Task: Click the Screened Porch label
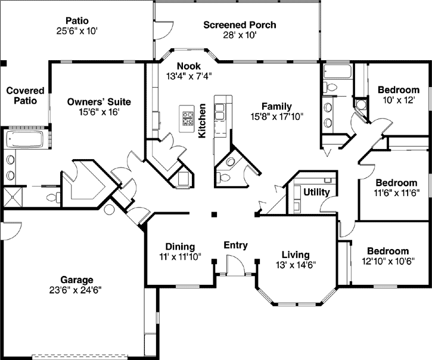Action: point(240,25)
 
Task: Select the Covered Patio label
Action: point(25,95)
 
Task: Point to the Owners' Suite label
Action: point(99,102)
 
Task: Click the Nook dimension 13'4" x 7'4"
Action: point(189,76)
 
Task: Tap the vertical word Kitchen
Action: point(203,121)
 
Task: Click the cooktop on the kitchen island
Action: point(188,118)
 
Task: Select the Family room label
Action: point(277,106)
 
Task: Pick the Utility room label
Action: point(316,193)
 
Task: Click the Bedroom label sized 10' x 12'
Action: point(399,90)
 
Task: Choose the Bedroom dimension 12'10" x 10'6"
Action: point(388,260)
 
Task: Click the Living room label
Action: point(296,253)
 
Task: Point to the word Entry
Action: point(235,245)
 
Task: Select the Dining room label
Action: point(179,247)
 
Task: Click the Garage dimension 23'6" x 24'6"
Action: point(77,290)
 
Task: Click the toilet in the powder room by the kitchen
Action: point(225,177)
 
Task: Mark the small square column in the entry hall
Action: point(215,215)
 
